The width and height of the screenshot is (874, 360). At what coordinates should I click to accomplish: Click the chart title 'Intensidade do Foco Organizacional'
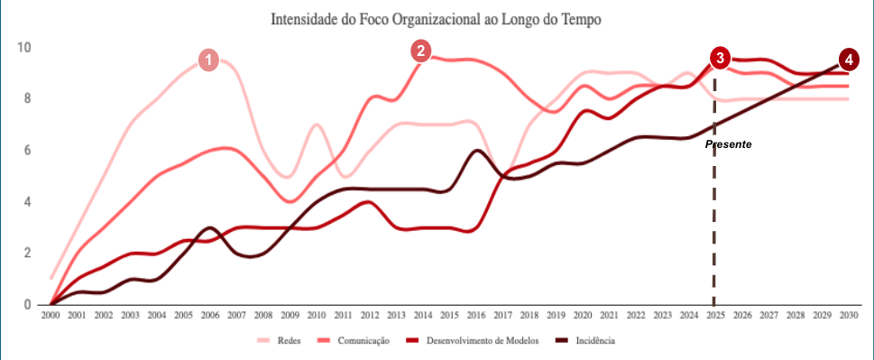(436, 18)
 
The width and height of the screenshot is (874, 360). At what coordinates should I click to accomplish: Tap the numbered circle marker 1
(208, 60)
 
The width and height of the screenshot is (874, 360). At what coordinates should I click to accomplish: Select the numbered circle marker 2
(421, 51)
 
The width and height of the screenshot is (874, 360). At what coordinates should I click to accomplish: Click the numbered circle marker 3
(719, 58)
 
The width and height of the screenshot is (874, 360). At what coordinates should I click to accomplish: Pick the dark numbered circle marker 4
(848, 60)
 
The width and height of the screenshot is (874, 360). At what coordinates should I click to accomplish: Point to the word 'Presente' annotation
(729, 144)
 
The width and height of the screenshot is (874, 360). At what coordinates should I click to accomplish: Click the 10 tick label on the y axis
(25, 48)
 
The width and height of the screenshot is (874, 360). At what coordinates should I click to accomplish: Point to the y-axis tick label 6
(28, 151)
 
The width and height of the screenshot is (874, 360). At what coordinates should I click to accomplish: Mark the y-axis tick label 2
(28, 254)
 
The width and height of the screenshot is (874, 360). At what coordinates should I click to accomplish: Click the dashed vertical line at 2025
(714, 226)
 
